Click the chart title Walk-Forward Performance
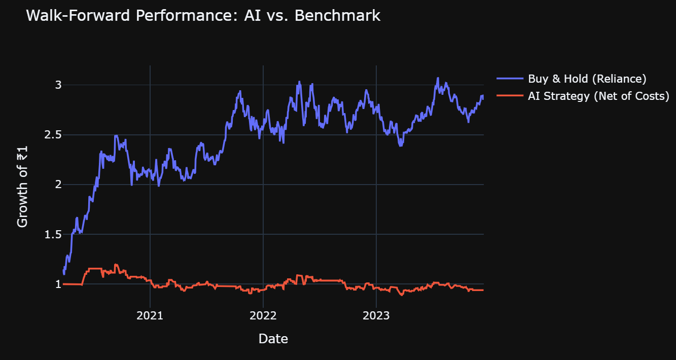pos(132,16)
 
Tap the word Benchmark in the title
pos(337,16)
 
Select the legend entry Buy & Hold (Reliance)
pos(587,79)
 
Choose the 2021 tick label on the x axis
pos(150,316)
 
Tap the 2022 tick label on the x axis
pos(263,316)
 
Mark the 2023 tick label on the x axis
pos(376,316)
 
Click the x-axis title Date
pos(273,339)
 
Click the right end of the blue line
pos(483,96)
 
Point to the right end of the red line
pos(483,290)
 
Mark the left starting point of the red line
pos(63,284)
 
